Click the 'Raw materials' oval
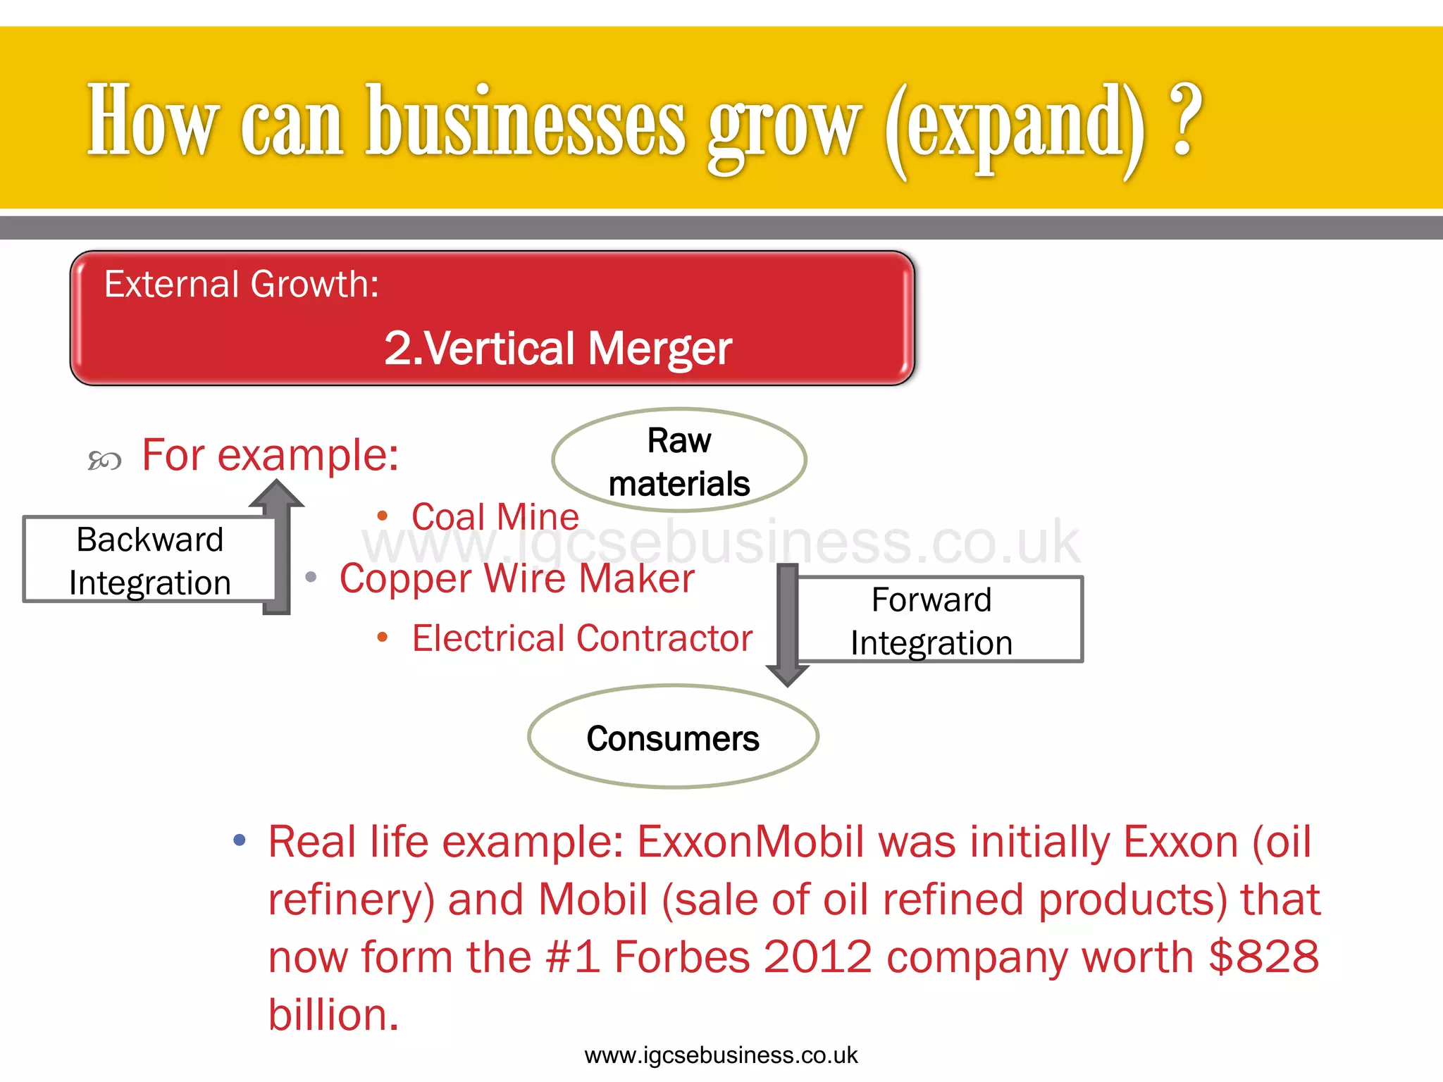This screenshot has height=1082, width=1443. pos(679,461)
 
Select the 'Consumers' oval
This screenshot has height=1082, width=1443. pos(673,738)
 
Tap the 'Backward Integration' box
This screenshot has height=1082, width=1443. pos(149,560)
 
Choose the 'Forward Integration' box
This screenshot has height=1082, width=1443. pos(938,620)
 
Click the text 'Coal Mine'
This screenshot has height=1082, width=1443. pos(495,517)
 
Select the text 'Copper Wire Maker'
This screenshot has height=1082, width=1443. pos(517,578)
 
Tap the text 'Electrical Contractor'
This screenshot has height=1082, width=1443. pos(582,638)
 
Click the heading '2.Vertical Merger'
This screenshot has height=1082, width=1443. pos(558,348)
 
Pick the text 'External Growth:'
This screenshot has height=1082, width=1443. pos(242,285)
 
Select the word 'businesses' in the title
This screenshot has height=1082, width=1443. pos(525,121)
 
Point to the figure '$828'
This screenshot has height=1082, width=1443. pos(1263,957)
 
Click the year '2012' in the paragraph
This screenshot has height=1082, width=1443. pos(817,957)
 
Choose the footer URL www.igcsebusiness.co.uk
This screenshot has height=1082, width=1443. pos(721,1055)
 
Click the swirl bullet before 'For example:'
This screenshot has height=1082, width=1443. pos(104,461)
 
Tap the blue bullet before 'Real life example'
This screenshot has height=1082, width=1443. pos(240,840)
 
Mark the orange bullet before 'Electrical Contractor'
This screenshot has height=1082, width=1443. pos(383,638)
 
